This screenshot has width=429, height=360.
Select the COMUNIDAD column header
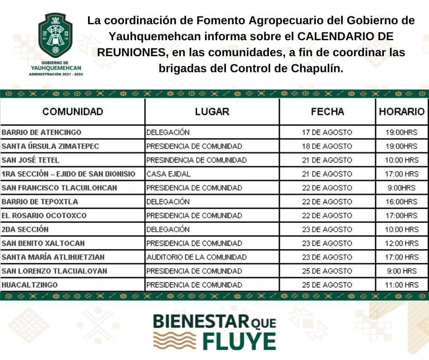[73, 112]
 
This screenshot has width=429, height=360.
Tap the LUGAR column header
[212, 112]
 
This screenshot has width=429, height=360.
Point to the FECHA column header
[327, 112]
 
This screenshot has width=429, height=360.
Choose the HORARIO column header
[402, 112]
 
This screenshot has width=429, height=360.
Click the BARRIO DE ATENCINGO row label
[42, 132]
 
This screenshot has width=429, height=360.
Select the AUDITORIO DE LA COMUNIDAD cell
[196, 257]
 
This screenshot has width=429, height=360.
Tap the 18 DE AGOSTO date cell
[327, 146]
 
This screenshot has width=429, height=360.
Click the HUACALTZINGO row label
[30, 285]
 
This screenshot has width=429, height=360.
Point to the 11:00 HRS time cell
[402, 285]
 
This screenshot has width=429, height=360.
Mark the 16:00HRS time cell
[402, 202]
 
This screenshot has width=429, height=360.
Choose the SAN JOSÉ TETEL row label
[31, 160]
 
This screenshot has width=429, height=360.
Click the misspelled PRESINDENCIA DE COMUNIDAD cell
[196, 160]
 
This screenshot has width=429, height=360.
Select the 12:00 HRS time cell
[402, 244]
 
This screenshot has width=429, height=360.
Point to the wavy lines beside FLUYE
[173, 341]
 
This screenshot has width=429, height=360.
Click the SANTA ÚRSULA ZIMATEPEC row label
[50, 146]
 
